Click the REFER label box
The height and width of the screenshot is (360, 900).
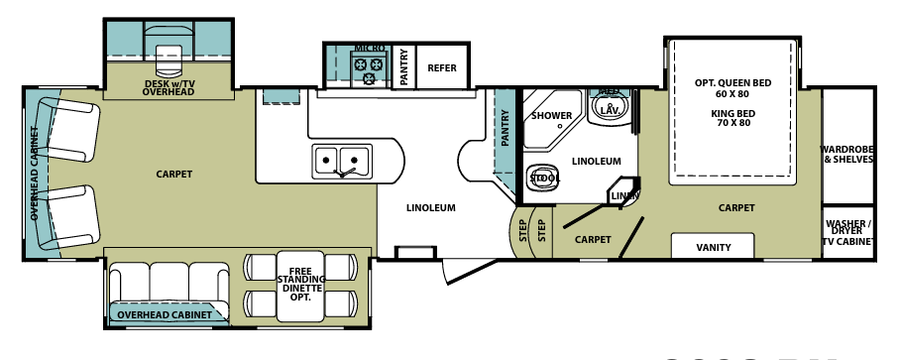coord(441,68)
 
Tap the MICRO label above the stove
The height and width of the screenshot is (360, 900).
coord(370,48)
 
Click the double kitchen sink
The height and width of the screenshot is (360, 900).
coord(340,159)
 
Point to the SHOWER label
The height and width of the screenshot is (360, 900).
coord(551,116)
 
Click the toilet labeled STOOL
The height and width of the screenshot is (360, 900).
coord(542,177)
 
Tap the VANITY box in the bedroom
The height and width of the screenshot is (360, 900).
coord(714,247)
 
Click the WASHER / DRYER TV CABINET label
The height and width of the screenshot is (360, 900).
coord(847,232)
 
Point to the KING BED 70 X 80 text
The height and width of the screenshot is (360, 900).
coord(732,119)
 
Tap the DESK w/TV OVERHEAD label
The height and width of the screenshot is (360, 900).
coord(168,88)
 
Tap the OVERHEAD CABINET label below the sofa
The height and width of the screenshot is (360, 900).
coord(165,315)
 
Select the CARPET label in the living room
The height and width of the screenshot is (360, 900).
coord(173,175)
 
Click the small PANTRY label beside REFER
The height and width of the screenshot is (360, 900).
coord(404,68)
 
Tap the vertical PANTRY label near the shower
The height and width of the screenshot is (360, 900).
coord(505,130)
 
